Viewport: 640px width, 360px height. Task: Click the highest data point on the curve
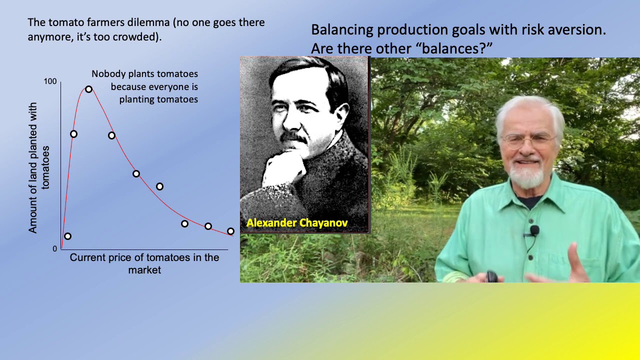pyautogui.click(x=88, y=89)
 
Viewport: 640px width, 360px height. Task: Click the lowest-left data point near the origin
pyautogui.click(x=67, y=236)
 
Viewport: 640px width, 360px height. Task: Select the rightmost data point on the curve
pyautogui.click(x=230, y=231)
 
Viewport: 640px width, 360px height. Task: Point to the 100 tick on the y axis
pyautogui.click(x=50, y=81)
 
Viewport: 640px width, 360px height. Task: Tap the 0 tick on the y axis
pyautogui.click(x=55, y=248)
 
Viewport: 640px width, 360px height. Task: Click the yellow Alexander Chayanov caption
pyautogui.click(x=297, y=223)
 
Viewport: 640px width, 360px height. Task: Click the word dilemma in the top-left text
pyautogui.click(x=143, y=22)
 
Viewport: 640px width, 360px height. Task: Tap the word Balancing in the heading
pyautogui.click(x=342, y=29)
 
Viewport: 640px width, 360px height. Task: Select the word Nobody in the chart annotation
pyautogui.click(x=106, y=74)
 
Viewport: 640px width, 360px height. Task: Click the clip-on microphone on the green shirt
pyautogui.click(x=534, y=230)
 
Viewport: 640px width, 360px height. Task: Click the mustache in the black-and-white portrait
pyautogui.click(x=294, y=136)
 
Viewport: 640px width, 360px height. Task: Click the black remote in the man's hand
pyautogui.click(x=492, y=276)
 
